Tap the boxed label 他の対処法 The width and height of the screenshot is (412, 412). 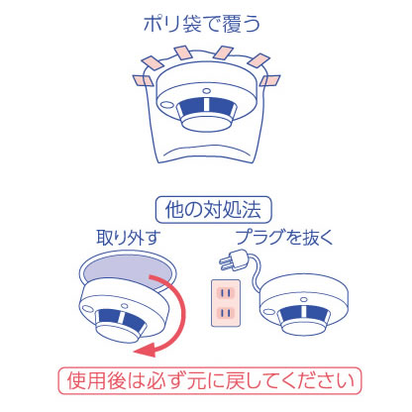pyautogui.click(x=205, y=210)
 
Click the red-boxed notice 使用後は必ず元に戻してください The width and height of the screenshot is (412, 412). pyautogui.click(x=206, y=380)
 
